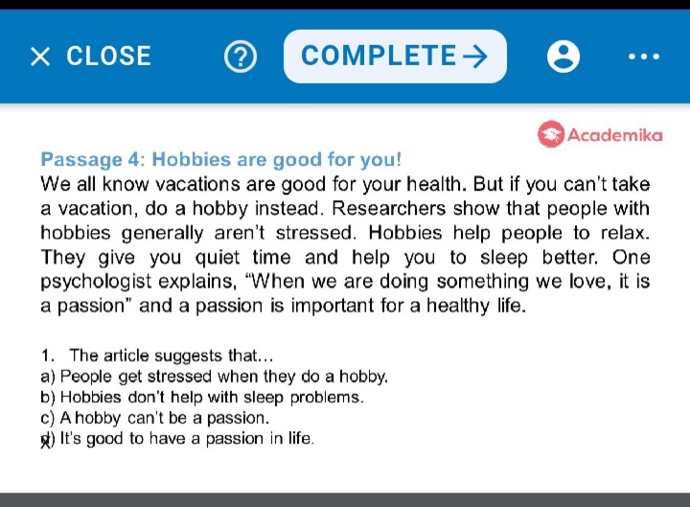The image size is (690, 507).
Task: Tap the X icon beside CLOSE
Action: [x=40, y=57]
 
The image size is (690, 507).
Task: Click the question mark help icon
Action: [x=241, y=57]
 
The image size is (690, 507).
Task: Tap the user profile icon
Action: [x=563, y=57]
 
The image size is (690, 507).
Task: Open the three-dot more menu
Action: [x=644, y=57]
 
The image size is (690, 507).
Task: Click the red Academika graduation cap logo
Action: [x=550, y=134]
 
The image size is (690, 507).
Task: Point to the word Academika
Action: [x=614, y=135]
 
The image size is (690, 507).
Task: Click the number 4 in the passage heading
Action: [x=133, y=159]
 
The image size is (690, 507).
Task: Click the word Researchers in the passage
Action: [x=388, y=209]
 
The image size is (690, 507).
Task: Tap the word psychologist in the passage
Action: [x=96, y=282]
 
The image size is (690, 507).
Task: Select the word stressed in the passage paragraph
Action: [x=315, y=233]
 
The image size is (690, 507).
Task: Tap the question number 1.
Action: [x=47, y=356]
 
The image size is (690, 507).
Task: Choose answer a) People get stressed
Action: [x=214, y=377]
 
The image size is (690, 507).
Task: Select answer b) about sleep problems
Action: [x=202, y=398]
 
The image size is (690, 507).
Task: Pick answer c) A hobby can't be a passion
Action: [x=154, y=418]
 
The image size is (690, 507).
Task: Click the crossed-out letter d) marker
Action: [x=48, y=439]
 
